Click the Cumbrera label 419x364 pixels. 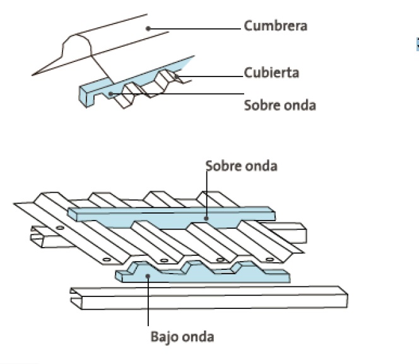click(276, 27)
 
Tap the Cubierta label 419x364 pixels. click(271, 73)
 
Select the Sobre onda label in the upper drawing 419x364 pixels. click(280, 105)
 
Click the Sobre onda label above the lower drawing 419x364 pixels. click(241, 166)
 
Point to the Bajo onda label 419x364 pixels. click(182, 336)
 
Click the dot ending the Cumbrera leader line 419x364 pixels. click(147, 27)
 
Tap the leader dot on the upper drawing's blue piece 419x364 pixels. click(111, 94)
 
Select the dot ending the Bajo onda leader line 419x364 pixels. click(148, 275)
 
